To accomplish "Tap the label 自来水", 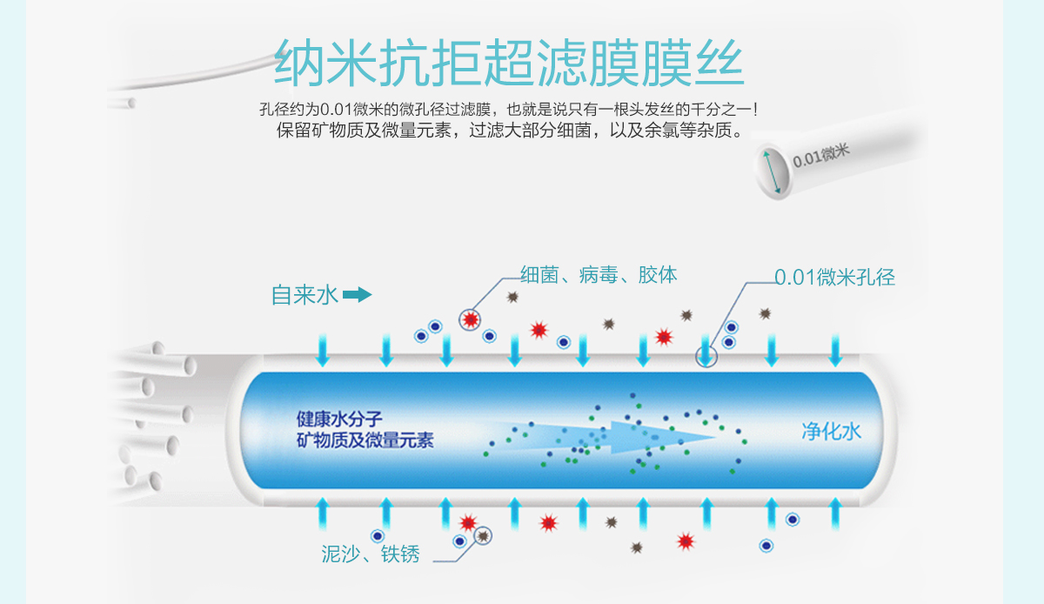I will pyautogui.click(x=304, y=295).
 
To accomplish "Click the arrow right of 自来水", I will pyautogui.click(x=357, y=295).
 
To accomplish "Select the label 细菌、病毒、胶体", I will pyautogui.click(x=599, y=275).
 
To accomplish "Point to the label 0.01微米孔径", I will pyautogui.click(x=834, y=278).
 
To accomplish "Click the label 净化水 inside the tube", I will pyautogui.click(x=831, y=430).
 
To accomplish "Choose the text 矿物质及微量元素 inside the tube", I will pyautogui.click(x=365, y=440).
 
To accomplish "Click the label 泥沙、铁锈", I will pyautogui.click(x=371, y=554).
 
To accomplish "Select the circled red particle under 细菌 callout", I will pyautogui.click(x=471, y=319).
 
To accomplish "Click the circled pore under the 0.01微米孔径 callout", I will pyautogui.click(x=706, y=355).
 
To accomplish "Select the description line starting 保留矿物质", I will pyautogui.click(x=511, y=132).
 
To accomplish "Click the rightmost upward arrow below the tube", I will pyautogui.click(x=835, y=513).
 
